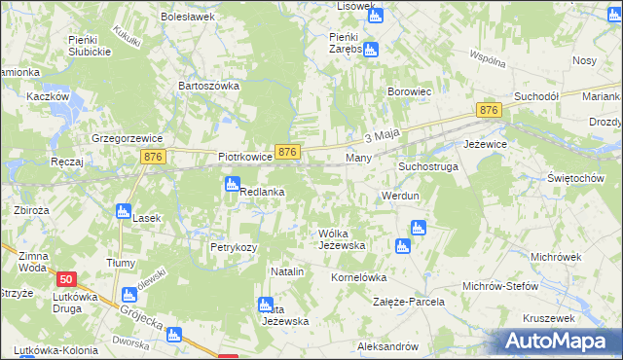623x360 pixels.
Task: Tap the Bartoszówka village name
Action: pos(207,86)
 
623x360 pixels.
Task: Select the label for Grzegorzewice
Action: pos(124,138)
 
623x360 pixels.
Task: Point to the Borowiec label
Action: pos(409,91)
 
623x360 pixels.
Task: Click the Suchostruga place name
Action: pos(427,166)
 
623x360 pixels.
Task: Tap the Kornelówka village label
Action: pos(360,276)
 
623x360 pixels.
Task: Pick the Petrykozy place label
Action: pos(234,247)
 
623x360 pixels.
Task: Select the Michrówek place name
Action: pos(556,256)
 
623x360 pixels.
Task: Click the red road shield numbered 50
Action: pos(66,278)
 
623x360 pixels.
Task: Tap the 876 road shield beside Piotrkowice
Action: pos(287,153)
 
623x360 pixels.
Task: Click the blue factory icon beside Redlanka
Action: pos(233,184)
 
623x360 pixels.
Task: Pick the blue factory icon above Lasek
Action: pos(123,211)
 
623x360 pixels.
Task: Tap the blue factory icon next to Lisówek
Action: pos(376,15)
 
